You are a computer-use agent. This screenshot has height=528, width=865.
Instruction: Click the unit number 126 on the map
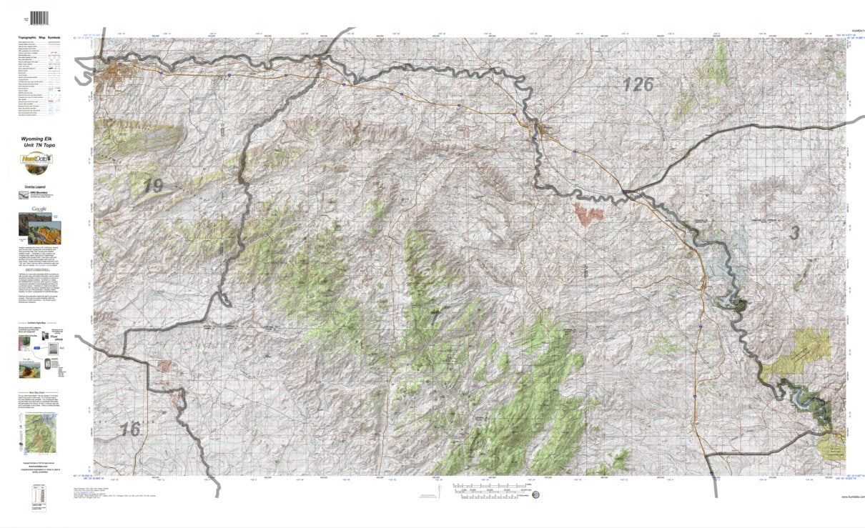click(638, 85)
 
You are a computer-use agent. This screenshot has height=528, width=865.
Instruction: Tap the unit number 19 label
click(152, 186)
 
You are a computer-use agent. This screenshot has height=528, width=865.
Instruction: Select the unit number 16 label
click(130, 429)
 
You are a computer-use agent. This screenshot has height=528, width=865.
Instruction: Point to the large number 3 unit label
click(794, 232)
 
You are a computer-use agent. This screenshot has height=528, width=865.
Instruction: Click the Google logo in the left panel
click(40, 208)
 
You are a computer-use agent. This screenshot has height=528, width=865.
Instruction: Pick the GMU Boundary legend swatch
click(22, 194)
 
